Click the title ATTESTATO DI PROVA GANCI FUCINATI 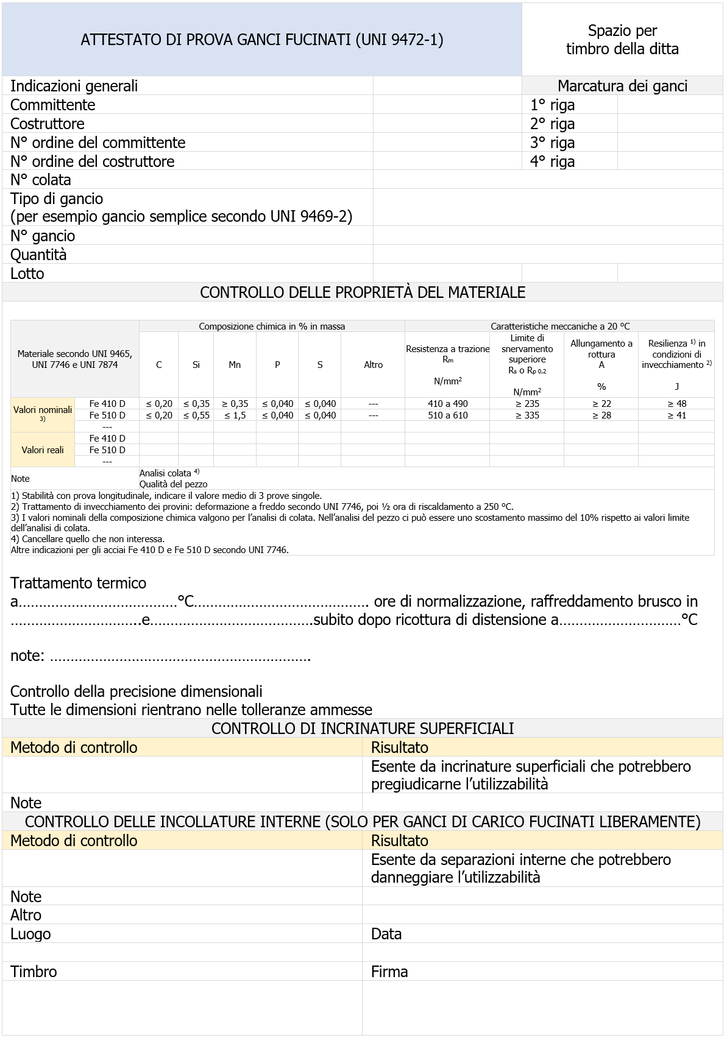point(262,40)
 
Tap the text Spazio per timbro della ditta point(622,40)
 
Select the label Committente point(53,105)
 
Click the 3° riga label point(552,143)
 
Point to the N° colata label point(41,180)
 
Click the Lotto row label point(27,274)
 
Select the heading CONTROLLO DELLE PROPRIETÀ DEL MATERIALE point(363,292)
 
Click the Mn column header point(235,365)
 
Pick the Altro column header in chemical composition point(373,365)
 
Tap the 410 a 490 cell point(447,403)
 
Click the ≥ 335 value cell point(527,415)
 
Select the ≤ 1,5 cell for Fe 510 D point(235,415)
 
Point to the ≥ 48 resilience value point(676,403)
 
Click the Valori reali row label point(43,450)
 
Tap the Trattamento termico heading point(79,583)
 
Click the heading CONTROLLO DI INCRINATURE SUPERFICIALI point(363,729)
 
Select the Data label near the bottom point(386,934)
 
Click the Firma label point(389,972)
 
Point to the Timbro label point(34,972)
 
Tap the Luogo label point(30,934)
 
